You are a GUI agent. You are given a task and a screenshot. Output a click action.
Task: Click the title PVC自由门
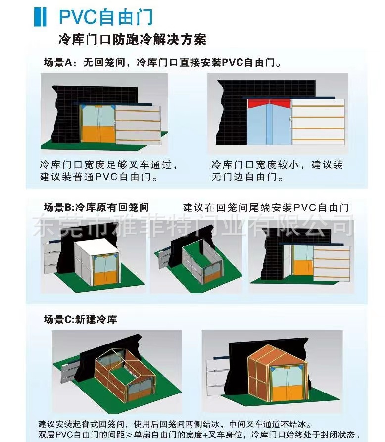pyautogui.click(x=106, y=17)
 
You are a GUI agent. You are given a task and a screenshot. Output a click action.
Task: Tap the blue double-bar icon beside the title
pyautogui.click(x=40, y=17)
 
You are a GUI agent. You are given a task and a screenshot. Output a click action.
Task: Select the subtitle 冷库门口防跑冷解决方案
pyautogui.click(x=132, y=39)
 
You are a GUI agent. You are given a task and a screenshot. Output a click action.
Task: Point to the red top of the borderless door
pyautogui.click(x=269, y=104)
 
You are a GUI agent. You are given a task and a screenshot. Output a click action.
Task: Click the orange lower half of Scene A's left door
pyautogui.click(x=98, y=134)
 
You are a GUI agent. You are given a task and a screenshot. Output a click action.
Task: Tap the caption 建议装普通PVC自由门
pyautogui.click(x=98, y=177)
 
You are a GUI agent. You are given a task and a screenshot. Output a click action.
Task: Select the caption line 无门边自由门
pyautogui.click(x=247, y=177)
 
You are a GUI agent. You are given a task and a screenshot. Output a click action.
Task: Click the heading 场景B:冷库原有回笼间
pyautogui.click(x=96, y=207)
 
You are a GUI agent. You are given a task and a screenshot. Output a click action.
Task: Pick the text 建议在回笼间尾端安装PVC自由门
pyautogui.click(x=266, y=208)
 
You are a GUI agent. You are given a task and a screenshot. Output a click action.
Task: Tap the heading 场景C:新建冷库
pyautogui.click(x=80, y=319)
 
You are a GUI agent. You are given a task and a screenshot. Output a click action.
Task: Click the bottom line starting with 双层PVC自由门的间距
pyautogui.click(x=199, y=435)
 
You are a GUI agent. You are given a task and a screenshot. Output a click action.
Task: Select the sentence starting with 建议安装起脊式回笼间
pyautogui.click(x=175, y=424)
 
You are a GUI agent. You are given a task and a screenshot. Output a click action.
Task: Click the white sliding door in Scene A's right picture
pyautogui.click(x=318, y=122)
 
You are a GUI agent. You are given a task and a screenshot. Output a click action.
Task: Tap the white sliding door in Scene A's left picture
pyautogui.click(x=138, y=125)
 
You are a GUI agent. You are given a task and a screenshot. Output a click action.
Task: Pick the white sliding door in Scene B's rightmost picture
pyautogui.click(x=332, y=263)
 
